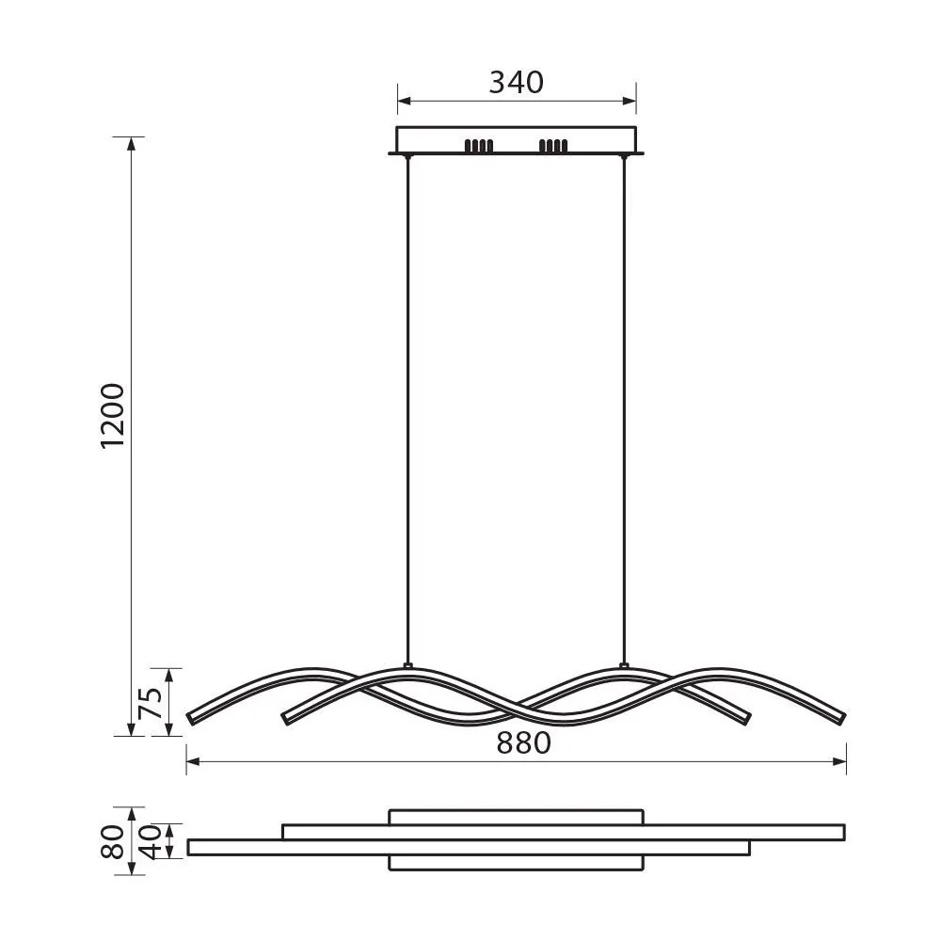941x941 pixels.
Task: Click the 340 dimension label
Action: [516, 83]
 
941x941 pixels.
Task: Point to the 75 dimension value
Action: [150, 702]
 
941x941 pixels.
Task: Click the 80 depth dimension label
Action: [113, 841]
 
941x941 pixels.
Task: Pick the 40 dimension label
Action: [150, 840]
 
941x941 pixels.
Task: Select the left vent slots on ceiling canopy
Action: [478, 146]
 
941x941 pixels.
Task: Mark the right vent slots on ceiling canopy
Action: [552, 146]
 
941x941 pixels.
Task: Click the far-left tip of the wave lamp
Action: [191, 718]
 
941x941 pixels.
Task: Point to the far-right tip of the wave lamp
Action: [843, 718]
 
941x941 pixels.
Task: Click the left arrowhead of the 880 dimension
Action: [192, 762]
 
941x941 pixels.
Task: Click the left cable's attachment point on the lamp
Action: [407, 666]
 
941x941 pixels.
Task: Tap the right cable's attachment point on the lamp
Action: [623, 666]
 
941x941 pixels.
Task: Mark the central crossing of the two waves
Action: [517, 706]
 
